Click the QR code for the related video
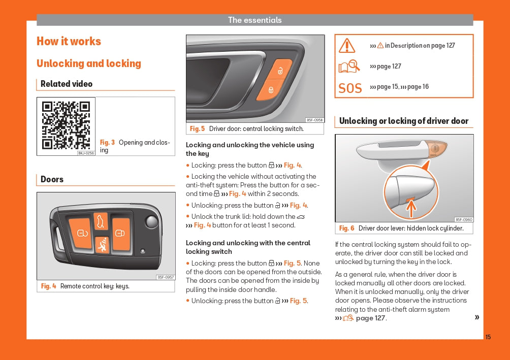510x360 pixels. (x=66, y=125)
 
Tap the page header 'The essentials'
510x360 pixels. (x=254, y=20)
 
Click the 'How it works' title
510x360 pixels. (x=69, y=42)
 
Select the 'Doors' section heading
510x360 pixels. (x=52, y=179)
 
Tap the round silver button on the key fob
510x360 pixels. (x=151, y=221)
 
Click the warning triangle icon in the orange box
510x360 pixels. (x=347, y=46)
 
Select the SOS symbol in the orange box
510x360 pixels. (x=350, y=88)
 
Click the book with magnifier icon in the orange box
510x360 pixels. (x=349, y=67)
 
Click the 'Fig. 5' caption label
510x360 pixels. (x=197, y=129)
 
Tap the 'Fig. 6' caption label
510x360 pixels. (x=346, y=228)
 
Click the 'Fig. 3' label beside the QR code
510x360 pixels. (x=107, y=143)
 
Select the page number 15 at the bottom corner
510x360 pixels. (x=488, y=337)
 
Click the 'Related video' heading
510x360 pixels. (x=67, y=84)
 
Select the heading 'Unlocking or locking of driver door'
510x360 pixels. (x=403, y=121)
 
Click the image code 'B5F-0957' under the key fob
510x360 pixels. (x=166, y=277)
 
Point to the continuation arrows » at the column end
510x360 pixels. (x=476, y=317)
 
